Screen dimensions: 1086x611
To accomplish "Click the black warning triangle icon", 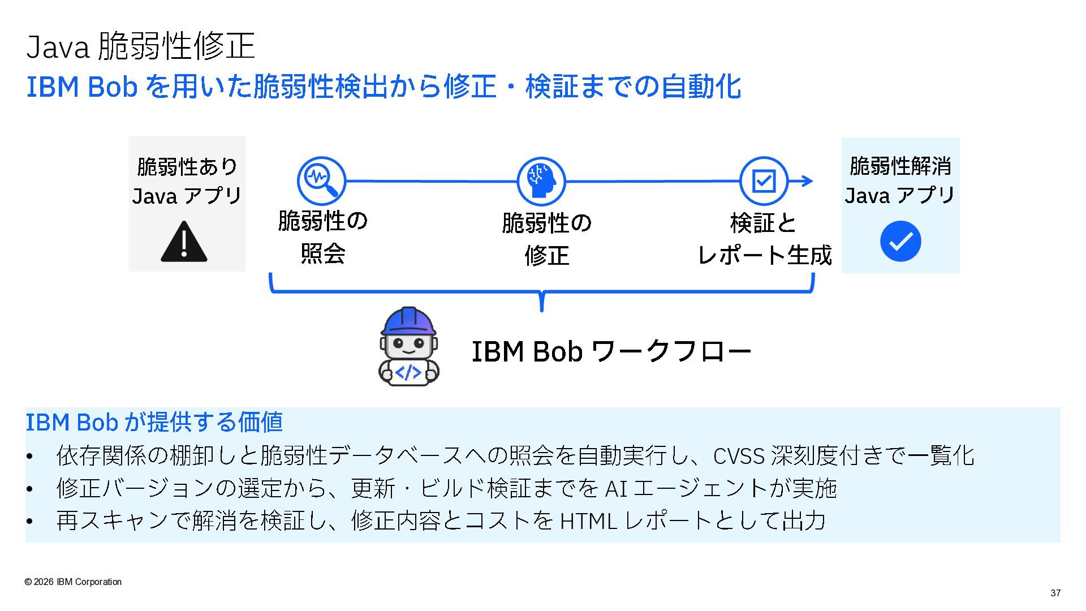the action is [184, 242].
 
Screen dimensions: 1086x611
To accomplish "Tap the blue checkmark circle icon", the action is [900, 241].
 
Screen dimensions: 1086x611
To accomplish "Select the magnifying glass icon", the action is [321, 180].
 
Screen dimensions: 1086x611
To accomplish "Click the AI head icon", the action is [541, 181].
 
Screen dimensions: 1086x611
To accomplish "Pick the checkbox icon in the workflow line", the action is [764, 181].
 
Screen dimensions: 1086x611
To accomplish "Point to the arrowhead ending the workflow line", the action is [808, 181].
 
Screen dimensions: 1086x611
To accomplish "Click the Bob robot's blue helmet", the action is [408, 321].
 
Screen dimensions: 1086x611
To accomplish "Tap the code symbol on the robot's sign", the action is [408, 372].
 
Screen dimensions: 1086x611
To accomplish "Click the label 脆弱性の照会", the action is [323, 237].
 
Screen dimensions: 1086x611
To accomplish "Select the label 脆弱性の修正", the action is [546, 239].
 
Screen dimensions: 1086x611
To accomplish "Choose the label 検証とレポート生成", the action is [764, 239].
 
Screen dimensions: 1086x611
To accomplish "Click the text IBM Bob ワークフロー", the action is [611, 351].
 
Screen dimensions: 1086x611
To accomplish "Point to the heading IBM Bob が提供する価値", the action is [154, 422].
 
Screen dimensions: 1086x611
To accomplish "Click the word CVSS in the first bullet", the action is [739, 456].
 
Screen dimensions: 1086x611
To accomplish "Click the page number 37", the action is [1055, 593].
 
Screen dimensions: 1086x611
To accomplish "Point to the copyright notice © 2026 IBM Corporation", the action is [73, 582].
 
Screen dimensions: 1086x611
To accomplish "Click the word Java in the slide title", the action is [58, 46].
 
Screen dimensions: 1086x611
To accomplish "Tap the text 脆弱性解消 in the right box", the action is [900, 166].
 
